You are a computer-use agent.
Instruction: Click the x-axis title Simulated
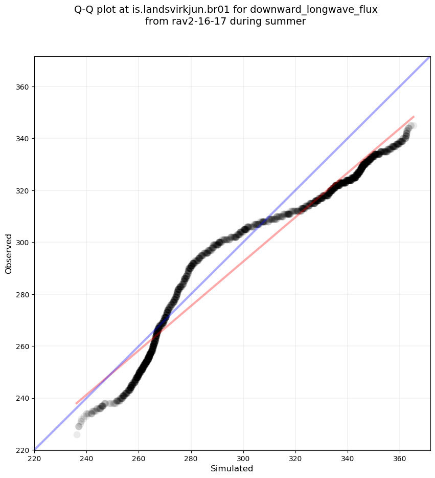pos(232,468)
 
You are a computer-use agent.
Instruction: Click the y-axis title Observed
pos(9,253)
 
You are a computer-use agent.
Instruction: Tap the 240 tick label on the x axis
pos(86,458)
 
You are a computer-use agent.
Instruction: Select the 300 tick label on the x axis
pos(243,458)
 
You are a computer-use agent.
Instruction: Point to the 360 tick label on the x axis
pos(400,458)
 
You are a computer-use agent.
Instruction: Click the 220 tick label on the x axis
pos(34,458)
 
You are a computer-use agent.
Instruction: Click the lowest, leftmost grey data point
pos(77,434)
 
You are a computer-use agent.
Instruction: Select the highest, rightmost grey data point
pos(413,125)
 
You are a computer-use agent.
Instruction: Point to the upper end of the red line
pos(413,117)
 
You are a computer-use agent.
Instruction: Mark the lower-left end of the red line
pos(76,403)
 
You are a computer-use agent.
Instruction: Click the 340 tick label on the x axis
pos(348,458)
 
